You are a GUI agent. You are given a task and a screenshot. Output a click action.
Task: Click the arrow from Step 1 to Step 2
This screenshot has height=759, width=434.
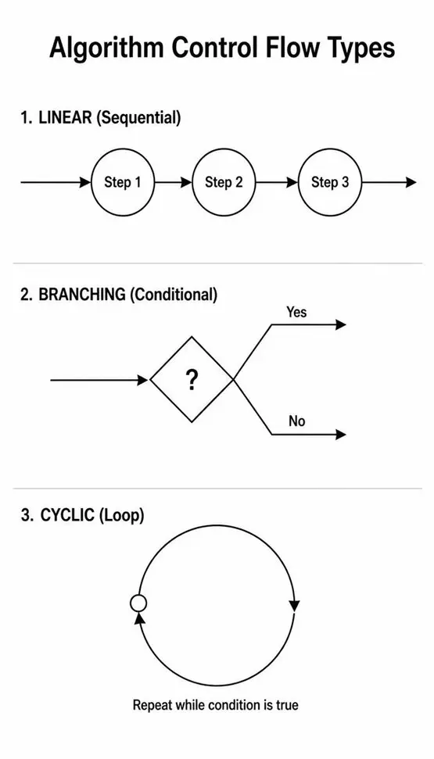click(x=174, y=182)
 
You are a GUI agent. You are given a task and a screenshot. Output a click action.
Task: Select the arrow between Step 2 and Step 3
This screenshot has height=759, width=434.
click(x=277, y=182)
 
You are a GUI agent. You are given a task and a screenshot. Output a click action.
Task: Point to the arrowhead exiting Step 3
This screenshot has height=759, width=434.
click(x=411, y=182)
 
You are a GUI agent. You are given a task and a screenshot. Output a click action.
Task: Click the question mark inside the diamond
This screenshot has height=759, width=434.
click(x=192, y=381)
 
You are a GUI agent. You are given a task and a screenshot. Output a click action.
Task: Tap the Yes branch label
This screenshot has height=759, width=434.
click(x=296, y=312)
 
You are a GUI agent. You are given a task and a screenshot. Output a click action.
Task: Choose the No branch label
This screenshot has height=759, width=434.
click(x=296, y=421)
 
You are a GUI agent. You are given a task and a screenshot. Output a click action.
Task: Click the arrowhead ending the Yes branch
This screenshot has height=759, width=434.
click(x=341, y=325)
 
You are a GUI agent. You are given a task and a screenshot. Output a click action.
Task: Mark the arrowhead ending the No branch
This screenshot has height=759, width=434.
click(x=341, y=434)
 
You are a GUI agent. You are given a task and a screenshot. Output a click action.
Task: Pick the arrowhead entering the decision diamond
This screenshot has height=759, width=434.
click(x=142, y=381)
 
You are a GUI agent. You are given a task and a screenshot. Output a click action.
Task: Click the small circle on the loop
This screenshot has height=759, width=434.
click(x=138, y=603)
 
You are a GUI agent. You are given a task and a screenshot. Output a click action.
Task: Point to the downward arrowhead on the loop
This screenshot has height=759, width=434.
click(x=294, y=606)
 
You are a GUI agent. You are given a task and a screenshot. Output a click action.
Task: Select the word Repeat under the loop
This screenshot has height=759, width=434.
click(x=149, y=705)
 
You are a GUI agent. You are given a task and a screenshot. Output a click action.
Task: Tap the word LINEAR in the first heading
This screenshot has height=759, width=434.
click(x=65, y=117)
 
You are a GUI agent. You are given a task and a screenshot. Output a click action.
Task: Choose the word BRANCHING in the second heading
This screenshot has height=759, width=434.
click(x=81, y=295)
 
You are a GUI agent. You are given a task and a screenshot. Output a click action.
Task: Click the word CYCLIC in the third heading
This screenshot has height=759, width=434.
click(x=67, y=515)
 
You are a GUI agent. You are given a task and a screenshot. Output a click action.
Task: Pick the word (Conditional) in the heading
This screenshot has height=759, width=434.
click(x=174, y=295)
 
